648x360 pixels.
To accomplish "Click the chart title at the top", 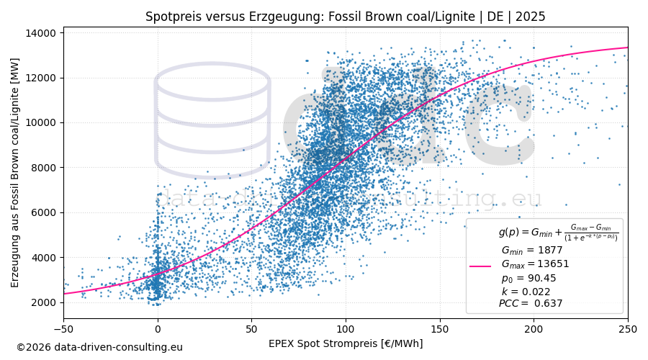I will (x=345, y=17).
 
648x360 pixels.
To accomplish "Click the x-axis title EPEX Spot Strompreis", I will (x=346, y=344).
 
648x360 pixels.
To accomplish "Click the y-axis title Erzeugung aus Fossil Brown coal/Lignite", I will (x=15, y=173).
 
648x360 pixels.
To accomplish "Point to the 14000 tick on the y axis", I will (x=41, y=33).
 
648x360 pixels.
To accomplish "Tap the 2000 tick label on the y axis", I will (x=44, y=302).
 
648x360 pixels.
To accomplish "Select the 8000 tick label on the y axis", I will (x=44, y=168).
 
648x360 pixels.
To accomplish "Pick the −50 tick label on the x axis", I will (x=63, y=329).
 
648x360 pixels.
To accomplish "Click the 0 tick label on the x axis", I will (x=158, y=329).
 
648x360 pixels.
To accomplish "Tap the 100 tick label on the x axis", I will (x=346, y=329).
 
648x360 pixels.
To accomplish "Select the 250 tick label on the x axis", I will (x=628, y=329).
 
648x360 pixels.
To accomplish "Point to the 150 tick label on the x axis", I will (x=440, y=329).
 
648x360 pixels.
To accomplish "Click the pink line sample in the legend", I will (x=480, y=266).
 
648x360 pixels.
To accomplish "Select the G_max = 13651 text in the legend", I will (x=535, y=264).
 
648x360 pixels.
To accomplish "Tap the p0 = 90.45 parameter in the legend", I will (x=528, y=278).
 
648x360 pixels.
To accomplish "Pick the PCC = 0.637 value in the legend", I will (x=531, y=304).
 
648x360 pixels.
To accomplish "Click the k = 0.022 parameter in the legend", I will (x=526, y=292).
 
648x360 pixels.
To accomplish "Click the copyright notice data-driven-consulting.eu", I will (x=99, y=348).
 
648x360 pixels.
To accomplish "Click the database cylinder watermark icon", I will (x=212, y=119).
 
